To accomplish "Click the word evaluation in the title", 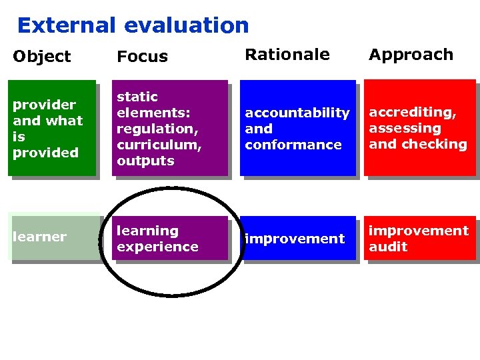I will pos(186,25).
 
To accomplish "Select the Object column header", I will pos(41,57).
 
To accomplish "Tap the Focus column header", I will pos(142,57).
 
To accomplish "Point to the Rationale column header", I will pos(287,55).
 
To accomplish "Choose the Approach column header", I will pos(411,55).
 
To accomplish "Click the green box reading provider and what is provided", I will pos(51,128).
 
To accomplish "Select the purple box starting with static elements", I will pos(169,128).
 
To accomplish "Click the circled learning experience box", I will pos(169,238).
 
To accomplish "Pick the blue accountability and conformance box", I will pos(297,128).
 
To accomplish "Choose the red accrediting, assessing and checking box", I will pos(419,128).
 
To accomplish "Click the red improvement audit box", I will pos(419,238).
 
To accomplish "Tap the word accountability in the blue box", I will pos(297,113).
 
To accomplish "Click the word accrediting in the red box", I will pos(413,112).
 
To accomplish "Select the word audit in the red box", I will pos(388,247).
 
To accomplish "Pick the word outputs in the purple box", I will pos(145,161).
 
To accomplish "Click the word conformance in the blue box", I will pos(293,145).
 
